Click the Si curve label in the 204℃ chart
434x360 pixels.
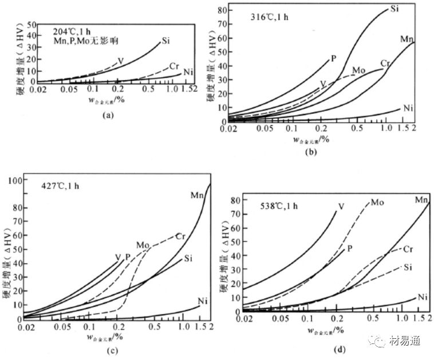click(x=166, y=40)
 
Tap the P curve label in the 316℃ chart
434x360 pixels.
click(x=333, y=57)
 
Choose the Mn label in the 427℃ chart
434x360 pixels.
click(x=198, y=195)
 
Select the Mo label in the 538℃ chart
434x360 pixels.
click(x=377, y=202)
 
